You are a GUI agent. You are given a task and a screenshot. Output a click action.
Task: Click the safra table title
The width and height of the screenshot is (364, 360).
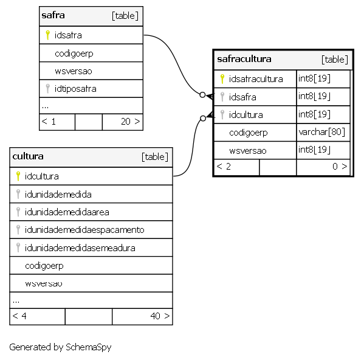pyautogui.click(x=53, y=15)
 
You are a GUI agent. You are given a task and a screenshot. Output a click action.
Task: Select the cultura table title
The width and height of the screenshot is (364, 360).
pyautogui.click(x=28, y=156)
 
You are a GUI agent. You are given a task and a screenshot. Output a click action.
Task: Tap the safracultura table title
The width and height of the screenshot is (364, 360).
pyautogui.click(x=244, y=59)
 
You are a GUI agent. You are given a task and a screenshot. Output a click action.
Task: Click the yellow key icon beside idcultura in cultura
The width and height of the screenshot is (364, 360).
pyautogui.click(x=18, y=176)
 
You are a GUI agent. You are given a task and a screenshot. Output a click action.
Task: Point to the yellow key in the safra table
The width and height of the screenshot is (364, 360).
pyautogui.click(x=47, y=35)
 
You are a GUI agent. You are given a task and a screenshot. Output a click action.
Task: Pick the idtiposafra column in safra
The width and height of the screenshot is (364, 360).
pyautogui.click(x=75, y=89)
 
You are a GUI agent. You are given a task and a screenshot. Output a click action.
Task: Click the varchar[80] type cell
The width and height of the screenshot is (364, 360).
pyautogui.click(x=321, y=132)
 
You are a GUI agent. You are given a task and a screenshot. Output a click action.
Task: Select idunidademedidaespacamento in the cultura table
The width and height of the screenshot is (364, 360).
pyautogui.click(x=84, y=230)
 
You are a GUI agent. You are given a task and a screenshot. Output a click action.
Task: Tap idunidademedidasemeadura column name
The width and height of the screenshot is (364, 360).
pyautogui.click(x=80, y=248)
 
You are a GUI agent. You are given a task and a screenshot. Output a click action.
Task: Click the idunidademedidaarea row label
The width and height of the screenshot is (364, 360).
pyautogui.click(x=67, y=212)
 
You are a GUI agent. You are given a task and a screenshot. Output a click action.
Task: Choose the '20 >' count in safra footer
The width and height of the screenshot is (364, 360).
pyautogui.click(x=131, y=122)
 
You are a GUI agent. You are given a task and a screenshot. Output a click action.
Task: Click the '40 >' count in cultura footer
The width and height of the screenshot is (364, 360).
pyautogui.click(x=160, y=316)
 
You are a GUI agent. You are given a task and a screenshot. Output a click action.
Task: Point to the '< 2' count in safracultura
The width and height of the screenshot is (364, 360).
pyautogui.click(x=224, y=166)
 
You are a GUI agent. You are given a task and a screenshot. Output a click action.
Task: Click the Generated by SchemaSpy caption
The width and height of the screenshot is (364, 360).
pyautogui.click(x=60, y=347)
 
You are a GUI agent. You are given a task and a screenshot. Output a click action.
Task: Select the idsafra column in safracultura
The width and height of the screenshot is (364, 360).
pyautogui.click(x=242, y=97)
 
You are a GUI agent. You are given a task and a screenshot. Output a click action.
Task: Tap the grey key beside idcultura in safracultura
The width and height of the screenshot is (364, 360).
pyautogui.click(x=222, y=115)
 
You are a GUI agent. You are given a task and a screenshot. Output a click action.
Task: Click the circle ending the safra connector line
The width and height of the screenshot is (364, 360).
pyautogui.click(x=202, y=95)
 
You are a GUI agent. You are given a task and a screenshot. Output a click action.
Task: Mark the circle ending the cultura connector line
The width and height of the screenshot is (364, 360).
pyautogui.click(x=203, y=119)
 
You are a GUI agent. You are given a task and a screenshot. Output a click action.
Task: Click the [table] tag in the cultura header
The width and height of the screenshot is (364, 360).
pyautogui.click(x=155, y=157)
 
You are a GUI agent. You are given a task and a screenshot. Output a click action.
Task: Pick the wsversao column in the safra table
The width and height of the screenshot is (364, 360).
pyautogui.click(x=74, y=71)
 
